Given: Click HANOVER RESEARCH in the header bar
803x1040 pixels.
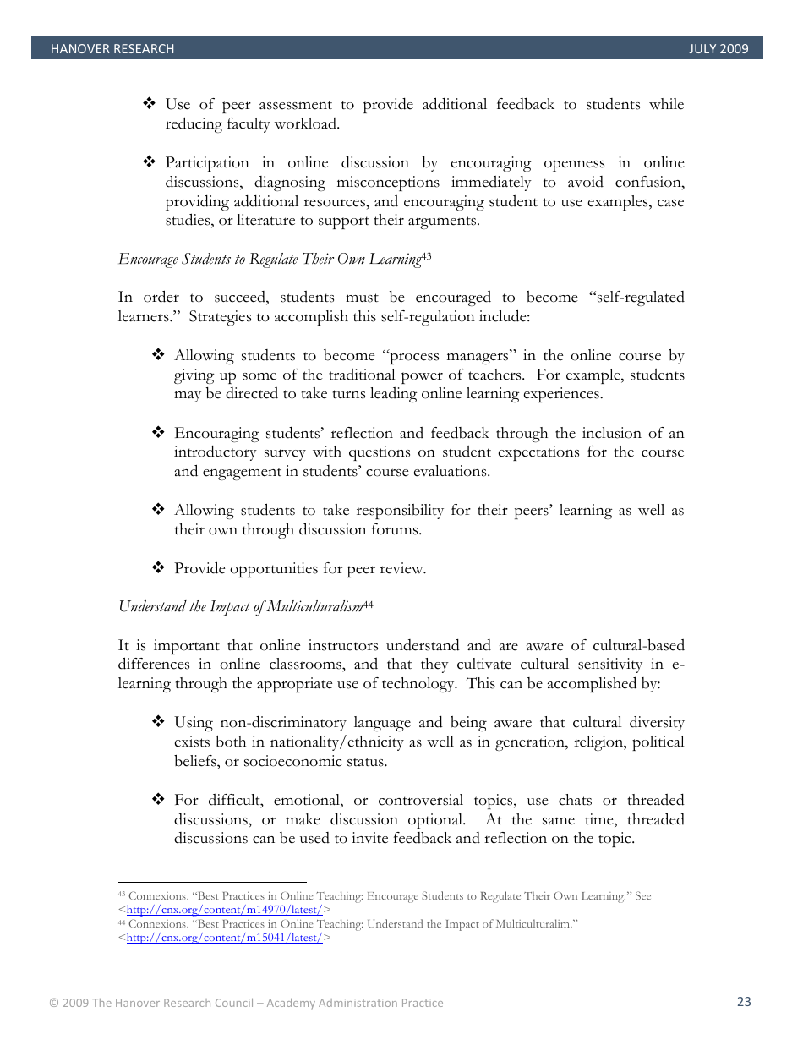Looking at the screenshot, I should click(x=112, y=49).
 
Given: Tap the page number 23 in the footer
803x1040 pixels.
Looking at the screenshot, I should click(x=744, y=1002).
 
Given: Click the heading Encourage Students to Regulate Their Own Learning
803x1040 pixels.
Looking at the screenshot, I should click(x=269, y=259).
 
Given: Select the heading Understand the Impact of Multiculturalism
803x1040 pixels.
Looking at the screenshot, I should click(x=240, y=606).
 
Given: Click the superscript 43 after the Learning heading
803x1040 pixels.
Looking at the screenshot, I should click(x=426, y=255).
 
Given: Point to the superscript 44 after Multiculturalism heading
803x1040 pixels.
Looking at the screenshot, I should click(x=368, y=603).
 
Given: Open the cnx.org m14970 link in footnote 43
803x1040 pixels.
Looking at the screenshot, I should click(x=224, y=910).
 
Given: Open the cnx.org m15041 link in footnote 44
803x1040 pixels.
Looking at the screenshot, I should click(x=224, y=938).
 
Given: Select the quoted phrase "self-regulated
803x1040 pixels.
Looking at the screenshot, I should click(x=631, y=298).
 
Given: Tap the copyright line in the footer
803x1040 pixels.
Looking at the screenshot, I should click(x=246, y=1003).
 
